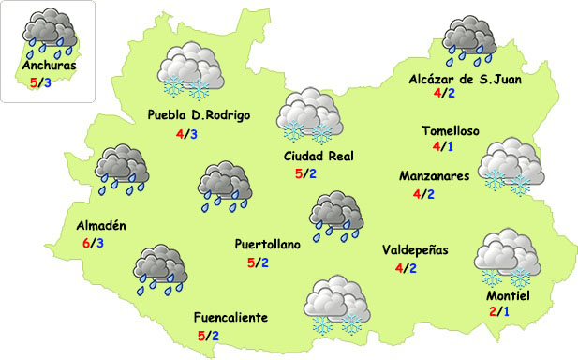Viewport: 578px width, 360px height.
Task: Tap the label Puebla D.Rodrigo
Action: pyautogui.click(x=200, y=116)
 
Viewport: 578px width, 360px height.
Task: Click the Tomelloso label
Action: pyautogui.click(x=450, y=131)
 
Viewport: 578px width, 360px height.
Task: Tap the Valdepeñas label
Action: pyautogui.click(x=416, y=250)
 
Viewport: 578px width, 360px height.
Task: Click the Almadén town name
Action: pyautogui.click(x=100, y=226)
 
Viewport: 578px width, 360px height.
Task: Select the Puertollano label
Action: pyautogui.click(x=268, y=245)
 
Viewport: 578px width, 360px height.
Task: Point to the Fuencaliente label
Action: pyautogui.click(x=230, y=317)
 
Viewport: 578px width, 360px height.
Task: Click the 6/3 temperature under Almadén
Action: pyautogui.click(x=93, y=244)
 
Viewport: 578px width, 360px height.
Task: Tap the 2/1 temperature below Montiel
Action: pyautogui.click(x=499, y=311)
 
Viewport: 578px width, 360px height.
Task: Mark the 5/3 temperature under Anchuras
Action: pyautogui.click(x=41, y=82)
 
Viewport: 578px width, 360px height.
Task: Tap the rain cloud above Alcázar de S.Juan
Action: pyautogui.click(x=468, y=38)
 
